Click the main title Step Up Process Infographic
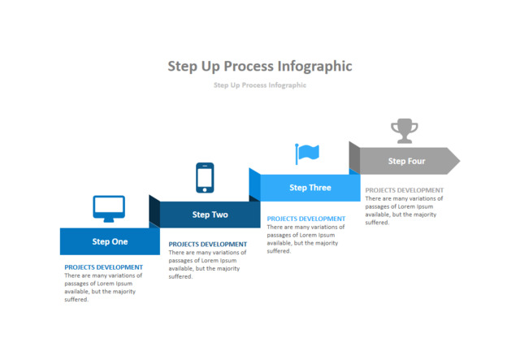[x=260, y=66]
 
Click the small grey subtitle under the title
[x=260, y=85]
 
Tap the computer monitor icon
[x=109, y=208]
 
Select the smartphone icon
[x=205, y=178]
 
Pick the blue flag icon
[x=307, y=153]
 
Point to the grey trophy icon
[x=404, y=130]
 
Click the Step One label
[x=110, y=241]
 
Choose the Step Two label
[x=210, y=215]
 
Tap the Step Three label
[x=310, y=188]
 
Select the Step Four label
[x=406, y=161]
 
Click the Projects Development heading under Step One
[x=103, y=267]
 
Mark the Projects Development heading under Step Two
[x=207, y=244]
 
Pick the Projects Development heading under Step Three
[x=305, y=219]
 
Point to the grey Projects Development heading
[x=404, y=190]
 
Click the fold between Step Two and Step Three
[x=254, y=184]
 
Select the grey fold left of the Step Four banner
[x=354, y=157]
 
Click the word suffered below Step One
[x=76, y=300]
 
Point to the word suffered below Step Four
[x=377, y=223]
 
